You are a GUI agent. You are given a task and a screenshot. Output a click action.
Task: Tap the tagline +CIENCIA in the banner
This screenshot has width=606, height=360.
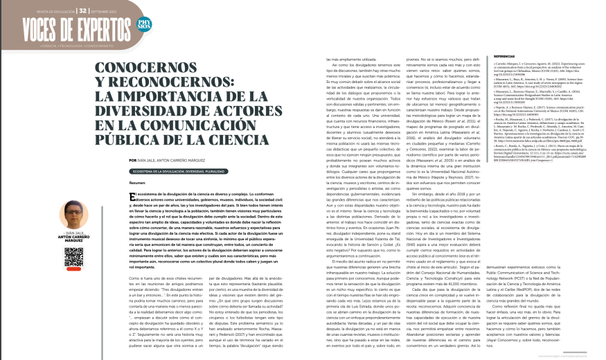(31, 44)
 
